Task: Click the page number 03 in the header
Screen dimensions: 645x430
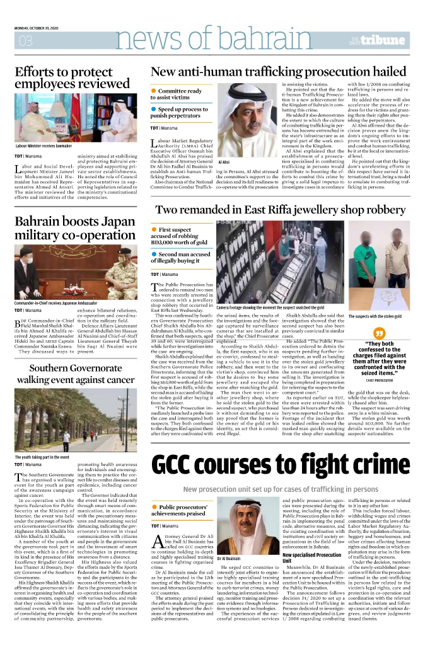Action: coord(26,42)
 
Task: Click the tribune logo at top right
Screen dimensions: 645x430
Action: coord(386,42)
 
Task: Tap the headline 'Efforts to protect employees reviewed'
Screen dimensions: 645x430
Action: coord(72,78)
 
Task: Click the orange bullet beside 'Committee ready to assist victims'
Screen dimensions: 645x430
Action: coord(153,91)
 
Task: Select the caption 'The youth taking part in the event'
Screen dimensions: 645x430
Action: coord(41,457)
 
